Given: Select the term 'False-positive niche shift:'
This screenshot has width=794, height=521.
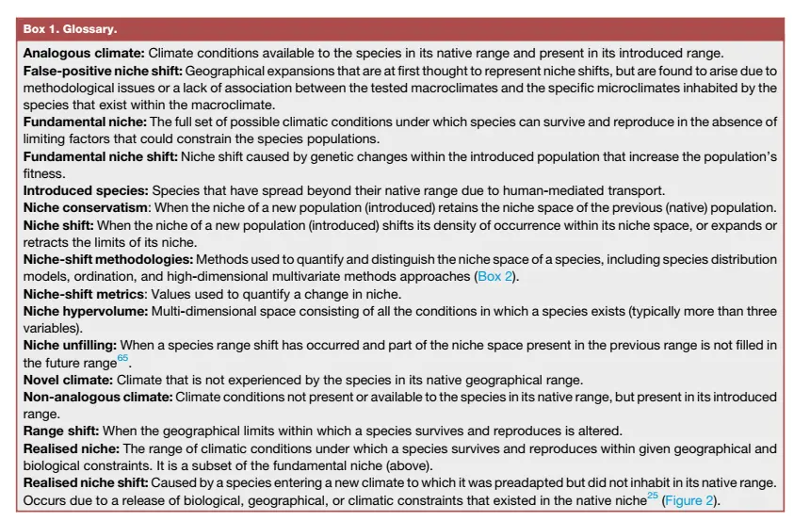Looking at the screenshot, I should tap(103, 71).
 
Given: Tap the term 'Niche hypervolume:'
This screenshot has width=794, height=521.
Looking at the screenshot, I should tap(85, 311).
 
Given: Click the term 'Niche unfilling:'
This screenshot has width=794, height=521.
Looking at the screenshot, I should tap(73, 346).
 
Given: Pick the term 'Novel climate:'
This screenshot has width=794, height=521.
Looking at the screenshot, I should tap(69, 380).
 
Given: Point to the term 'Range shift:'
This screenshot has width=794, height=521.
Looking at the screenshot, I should tap(62, 431).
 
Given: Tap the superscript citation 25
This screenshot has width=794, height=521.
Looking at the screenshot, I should tap(652, 496).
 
